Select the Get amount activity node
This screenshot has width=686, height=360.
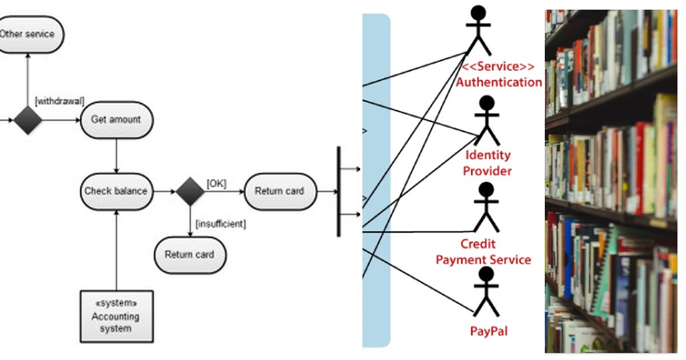click(x=117, y=119)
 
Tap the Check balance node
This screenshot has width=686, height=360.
click(x=117, y=191)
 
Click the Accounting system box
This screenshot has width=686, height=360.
click(x=117, y=317)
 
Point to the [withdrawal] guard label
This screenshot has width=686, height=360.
click(x=59, y=101)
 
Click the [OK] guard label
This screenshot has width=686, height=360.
click(x=217, y=183)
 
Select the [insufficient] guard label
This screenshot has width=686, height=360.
click(x=221, y=224)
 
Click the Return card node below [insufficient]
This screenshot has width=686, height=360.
click(x=190, y=255)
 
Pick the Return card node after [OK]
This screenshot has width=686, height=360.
click(x=281, y=191)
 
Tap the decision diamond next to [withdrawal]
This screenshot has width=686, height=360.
click(x=28, y=121)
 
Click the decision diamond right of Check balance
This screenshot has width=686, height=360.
click(x=190, y=191)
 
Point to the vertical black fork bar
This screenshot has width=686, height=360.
click(x=338, y=191)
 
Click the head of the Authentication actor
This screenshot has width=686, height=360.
click(x=478, y=13)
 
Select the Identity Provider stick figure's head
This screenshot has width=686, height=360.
click(x=486, y=103)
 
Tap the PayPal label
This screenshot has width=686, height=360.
click(x=489, y=331)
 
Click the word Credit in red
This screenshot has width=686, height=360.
click(x=478, y=244)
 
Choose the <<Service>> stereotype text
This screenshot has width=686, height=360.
click(x=498, y=66)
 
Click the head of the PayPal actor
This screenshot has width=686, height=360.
click(x=486, y=274)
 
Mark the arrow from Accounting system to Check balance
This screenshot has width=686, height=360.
click(x=117, y=250)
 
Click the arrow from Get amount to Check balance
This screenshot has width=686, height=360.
click(x=117, y=156)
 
